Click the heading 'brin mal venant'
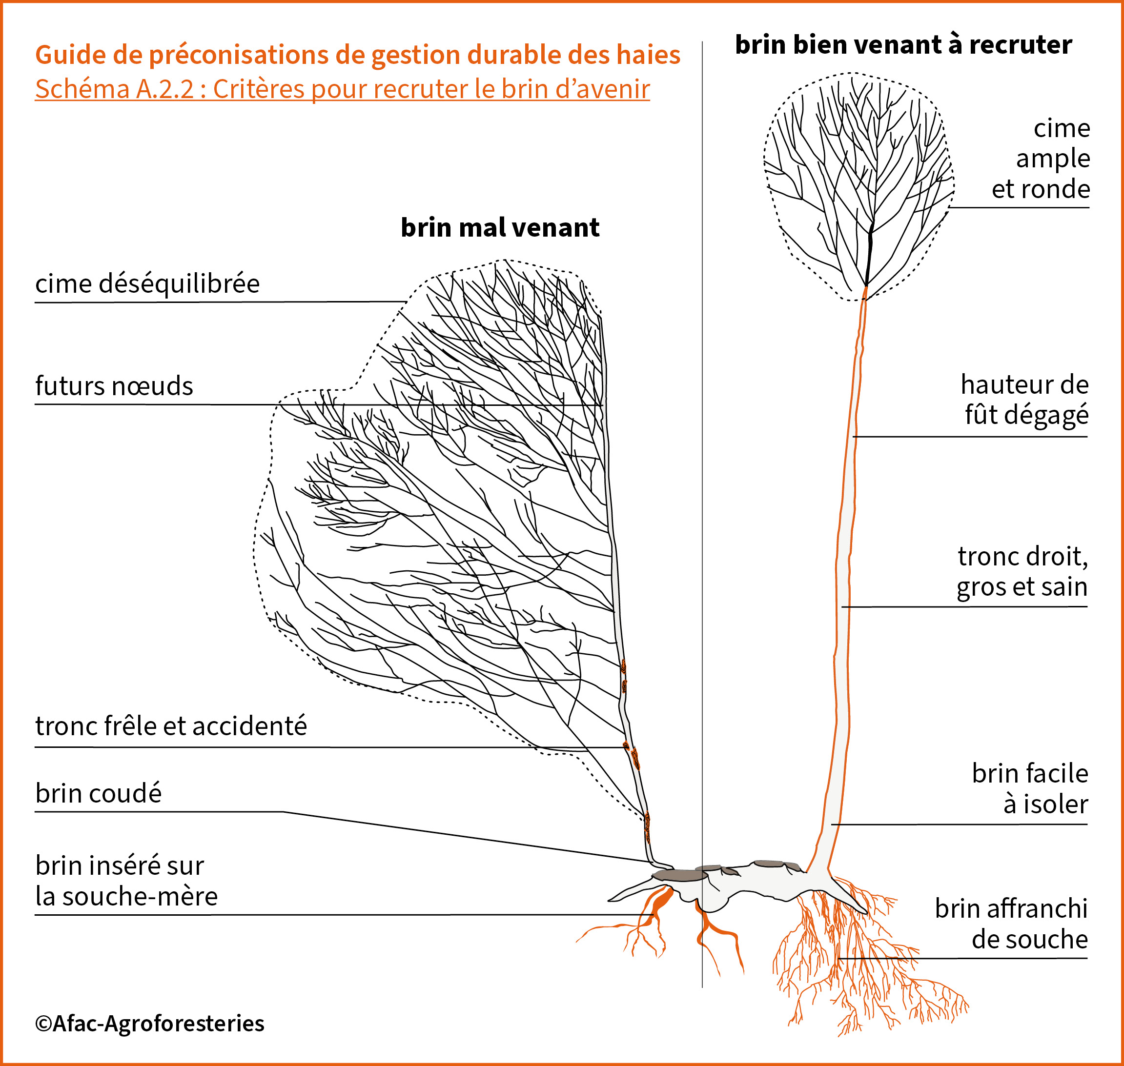pos(500,227)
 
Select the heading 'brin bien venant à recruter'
pos(903,44)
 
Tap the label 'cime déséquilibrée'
pos(147,283)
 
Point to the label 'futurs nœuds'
pos(114,386)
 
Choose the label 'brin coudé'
pos(99,793)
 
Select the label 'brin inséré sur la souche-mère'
pos(126,880)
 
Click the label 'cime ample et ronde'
pos(1041,159)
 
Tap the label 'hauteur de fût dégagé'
pos(1024,400)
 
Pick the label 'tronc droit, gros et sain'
pos(1022,571)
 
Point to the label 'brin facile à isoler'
pos(1030,788)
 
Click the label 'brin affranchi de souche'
pos(1011,924)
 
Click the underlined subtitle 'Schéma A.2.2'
pos(114,89)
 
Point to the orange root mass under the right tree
pos(870,955)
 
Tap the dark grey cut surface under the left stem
pos(680,876)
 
